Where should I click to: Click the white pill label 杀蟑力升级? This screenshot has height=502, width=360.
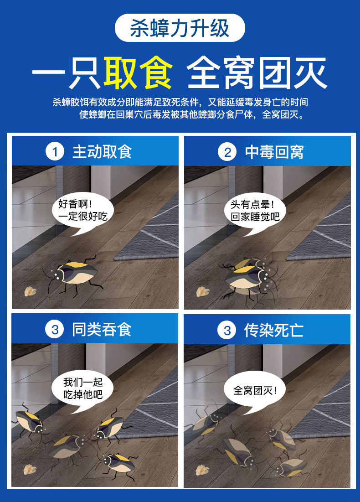(x=180, y=28)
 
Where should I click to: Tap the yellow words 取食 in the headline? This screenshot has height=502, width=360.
(x=138, y=73)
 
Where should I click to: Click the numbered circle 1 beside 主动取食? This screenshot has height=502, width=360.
(x=55, y=152)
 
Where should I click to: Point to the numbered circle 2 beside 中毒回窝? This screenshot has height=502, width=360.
(x=227, y=152)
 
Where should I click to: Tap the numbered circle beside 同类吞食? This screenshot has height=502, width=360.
(x=55, y=329)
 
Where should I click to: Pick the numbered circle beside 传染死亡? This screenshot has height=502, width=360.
(x=227, y=329)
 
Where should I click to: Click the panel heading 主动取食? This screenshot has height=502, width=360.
(x=102, y=152)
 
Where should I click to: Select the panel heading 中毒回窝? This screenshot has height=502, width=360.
(x=274, y=152)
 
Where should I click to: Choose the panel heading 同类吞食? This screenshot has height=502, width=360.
(x=102, y=329)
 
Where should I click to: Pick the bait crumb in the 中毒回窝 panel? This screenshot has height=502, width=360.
(x=201, y=291)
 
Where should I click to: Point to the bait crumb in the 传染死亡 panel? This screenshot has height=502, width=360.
(x=201, y=469)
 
